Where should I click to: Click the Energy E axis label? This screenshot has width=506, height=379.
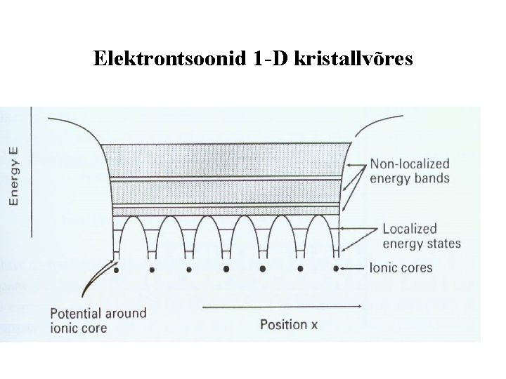pyautogui.click(x=15, y=175)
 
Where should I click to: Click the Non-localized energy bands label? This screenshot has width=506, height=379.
pyautogui.click(x=410, y=171)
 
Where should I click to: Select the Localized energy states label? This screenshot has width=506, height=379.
pyautogui.click(x=422, y=236)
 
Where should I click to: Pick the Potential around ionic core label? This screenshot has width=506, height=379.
pyautogui.click(x=98, y=319)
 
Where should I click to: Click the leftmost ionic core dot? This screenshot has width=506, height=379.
pyautogui.click(x=115, y=269)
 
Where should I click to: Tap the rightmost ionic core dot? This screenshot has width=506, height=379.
pyautogui.click(x=336, y=268)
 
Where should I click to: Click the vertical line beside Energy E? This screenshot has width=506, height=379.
pyautogui.click(x=31, y=172)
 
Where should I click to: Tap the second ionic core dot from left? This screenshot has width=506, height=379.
pyautogui.click(x=152, y=269)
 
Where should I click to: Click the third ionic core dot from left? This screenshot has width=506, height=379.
pyautogui.click(x=189, y=269)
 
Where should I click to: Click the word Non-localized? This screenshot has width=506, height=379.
pyautogui.click(x=410, y=164)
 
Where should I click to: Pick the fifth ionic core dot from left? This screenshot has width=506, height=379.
pyautogui.click(x=263, y=269)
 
